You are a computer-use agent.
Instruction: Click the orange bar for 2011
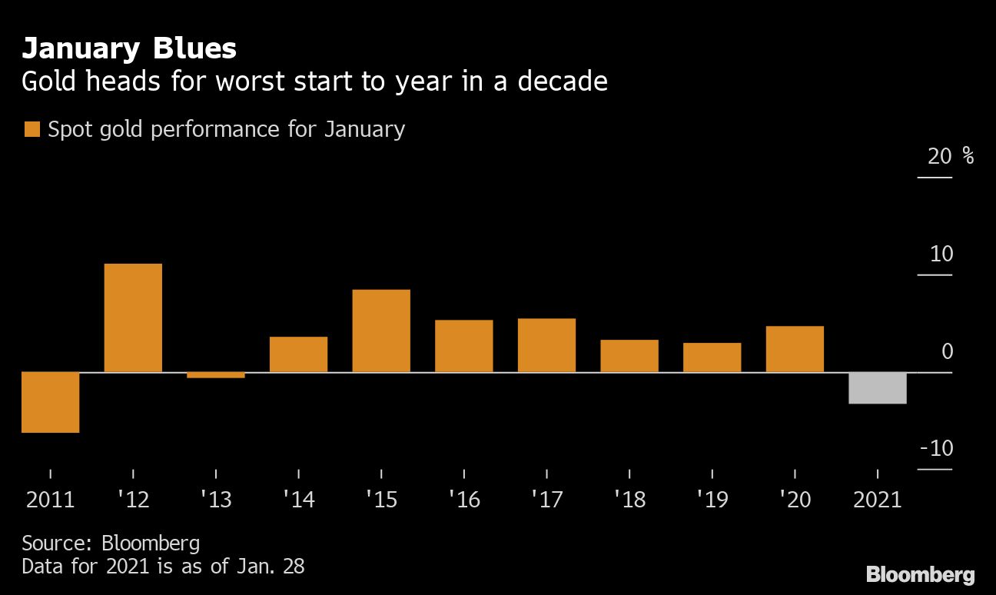(51, 402)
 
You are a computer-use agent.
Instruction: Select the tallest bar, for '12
(133, 317)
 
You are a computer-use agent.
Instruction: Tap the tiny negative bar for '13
(216, 375)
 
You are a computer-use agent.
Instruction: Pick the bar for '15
(381, 331)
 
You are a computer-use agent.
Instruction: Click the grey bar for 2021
(878, 388)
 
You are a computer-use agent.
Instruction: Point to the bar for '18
(629, 356)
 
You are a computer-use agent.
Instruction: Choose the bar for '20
(795, 349)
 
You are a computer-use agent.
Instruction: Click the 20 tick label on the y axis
(940, 157)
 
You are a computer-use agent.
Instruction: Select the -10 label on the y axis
(935, 448)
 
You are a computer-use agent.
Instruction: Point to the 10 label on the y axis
(941, 254)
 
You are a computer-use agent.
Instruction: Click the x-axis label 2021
(878, 500)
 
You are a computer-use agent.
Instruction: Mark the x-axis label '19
(712, 500)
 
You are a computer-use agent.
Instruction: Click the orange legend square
(32, 129)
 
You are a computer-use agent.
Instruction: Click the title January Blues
(129, 49)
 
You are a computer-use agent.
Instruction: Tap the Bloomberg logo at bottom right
(920, 574)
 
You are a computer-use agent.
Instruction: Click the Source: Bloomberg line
(111, 543)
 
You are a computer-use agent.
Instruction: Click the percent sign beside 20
(968, 157)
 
